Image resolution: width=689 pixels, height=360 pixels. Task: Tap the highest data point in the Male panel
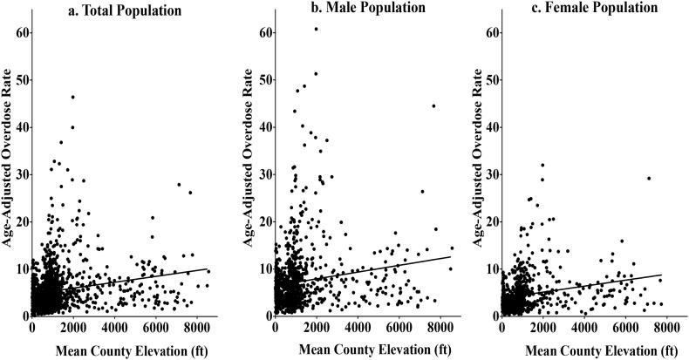coord(316,29)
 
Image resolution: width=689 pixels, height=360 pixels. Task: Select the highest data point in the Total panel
coord(73,97)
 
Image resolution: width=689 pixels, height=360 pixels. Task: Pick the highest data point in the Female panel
coord(542,165)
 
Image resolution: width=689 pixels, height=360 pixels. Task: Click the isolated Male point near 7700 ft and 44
coord(433,106)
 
